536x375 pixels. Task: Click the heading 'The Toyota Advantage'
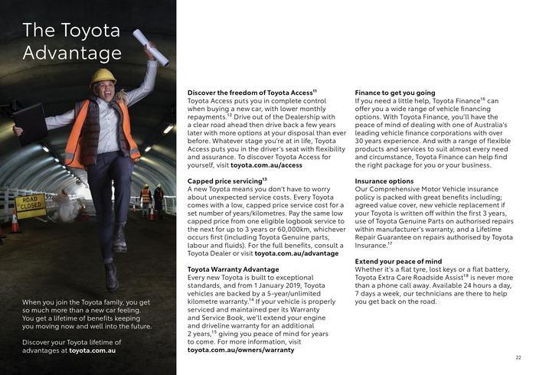[72, 42]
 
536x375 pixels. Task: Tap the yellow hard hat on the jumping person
[103, 77]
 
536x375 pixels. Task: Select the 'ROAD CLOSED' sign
[31, 204]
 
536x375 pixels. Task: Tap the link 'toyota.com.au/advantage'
[295, 253]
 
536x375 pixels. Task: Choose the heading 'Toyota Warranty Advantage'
[234, 269]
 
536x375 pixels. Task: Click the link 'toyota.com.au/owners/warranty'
[240, 350]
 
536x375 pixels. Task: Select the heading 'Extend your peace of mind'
[399, 262]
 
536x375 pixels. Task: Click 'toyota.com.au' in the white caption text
[92, 351]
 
